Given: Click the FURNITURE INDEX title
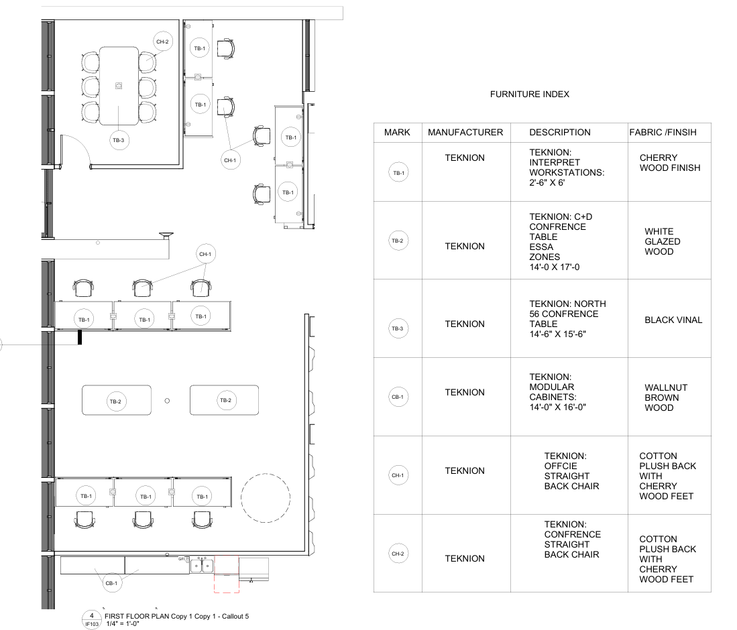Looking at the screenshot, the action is point(529,94).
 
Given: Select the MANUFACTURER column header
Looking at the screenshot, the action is point(465,133).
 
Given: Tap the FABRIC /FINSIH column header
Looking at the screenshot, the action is point(663,133).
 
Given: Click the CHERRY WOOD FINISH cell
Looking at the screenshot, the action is point(670,163).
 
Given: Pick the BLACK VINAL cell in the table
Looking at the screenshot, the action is point(673,320).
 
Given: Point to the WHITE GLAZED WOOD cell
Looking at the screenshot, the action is point(663,241).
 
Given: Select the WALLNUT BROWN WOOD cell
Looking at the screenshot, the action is point(665,397).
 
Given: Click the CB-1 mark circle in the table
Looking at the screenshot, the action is point(398,397).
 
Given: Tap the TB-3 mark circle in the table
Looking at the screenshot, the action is point(398,328).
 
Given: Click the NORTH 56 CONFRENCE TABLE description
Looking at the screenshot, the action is point(567,319).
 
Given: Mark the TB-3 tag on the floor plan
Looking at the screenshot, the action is point(119,140).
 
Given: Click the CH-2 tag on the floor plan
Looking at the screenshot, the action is point(163,42).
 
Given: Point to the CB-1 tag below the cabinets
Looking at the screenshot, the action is point(111,583).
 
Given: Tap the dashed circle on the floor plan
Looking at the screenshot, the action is point(266,474).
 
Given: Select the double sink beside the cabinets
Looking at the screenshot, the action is point(202,566).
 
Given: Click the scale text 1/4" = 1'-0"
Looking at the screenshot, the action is point(123,624).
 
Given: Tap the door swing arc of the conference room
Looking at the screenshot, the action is point(82,143).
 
